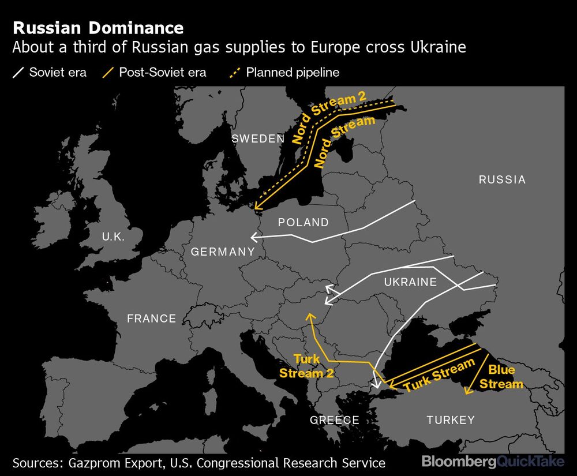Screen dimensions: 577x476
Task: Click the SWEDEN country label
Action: tap(258, 138)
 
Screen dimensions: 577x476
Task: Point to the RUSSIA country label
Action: tap(502, 179)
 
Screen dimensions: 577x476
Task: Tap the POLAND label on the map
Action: tap(303, 222)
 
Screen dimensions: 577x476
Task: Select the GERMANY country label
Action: tap(223, 252)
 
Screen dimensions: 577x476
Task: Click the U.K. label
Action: tap(113, 236)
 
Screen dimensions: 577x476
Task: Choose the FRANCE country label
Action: tap(151, 318)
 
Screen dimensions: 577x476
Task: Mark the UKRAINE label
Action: tap(410, 282)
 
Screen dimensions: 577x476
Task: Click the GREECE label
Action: tap(335, 420)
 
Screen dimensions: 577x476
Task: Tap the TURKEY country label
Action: tap(451, 420)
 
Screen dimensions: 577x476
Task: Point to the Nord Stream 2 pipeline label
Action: tap(329, 118)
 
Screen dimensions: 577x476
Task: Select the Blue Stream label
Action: tap(501, 377)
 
